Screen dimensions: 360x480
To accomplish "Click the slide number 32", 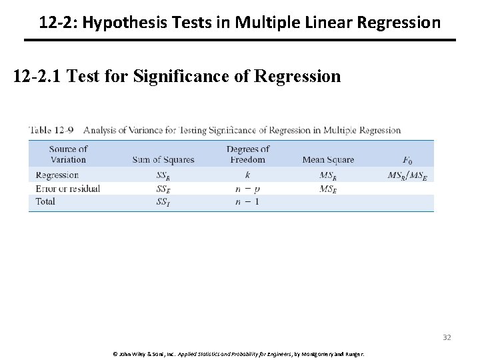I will (x=447, y=337).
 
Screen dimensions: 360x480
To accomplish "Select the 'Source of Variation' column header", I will (x=68, y=154).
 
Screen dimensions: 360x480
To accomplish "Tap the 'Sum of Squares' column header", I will (x=163, y=159).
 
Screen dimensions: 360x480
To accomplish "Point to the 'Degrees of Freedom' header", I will (x=248, y=154).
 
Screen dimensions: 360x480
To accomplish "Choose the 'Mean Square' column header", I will (x=328, y=159).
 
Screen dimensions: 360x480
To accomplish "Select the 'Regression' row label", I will (x=57, y=175).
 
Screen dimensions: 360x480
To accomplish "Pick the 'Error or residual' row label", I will (x=67, y=189).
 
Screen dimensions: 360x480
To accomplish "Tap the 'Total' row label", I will (x=45, y=201).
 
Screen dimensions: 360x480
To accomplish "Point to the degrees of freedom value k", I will (x=248, y=175).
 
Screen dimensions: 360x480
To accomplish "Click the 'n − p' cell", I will (x=248, y=189).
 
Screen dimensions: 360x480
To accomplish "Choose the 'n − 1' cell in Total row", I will (x=248, y=201).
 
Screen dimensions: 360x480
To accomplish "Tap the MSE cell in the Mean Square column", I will (x=327, y=189).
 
